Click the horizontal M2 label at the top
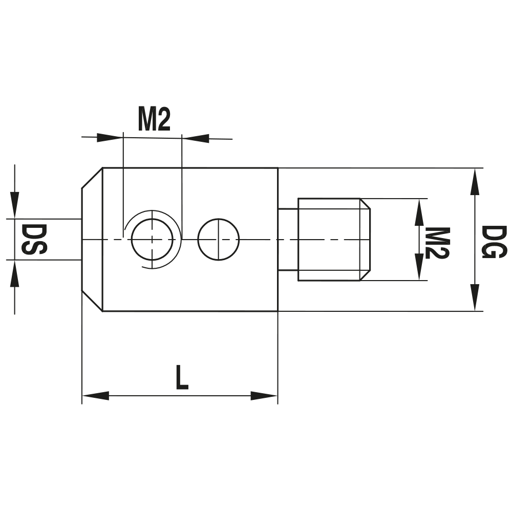pos(154,120)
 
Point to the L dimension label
pos(181,378)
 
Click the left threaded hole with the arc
pos(152,240)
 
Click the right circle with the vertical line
pos(219,240)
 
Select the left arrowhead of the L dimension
pos(95,396)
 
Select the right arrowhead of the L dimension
pos(264,396)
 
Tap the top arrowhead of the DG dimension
pos(476,182)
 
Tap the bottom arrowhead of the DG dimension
pos(476,297)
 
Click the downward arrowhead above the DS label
pos(15,205)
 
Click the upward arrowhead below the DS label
pos(15,273)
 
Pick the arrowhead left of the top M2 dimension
pos(110,137)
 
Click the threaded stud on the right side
pos(333,240)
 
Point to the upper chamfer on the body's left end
pos(92,178)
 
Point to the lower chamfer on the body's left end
pos(92,302)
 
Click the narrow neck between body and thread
pos(288,240)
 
